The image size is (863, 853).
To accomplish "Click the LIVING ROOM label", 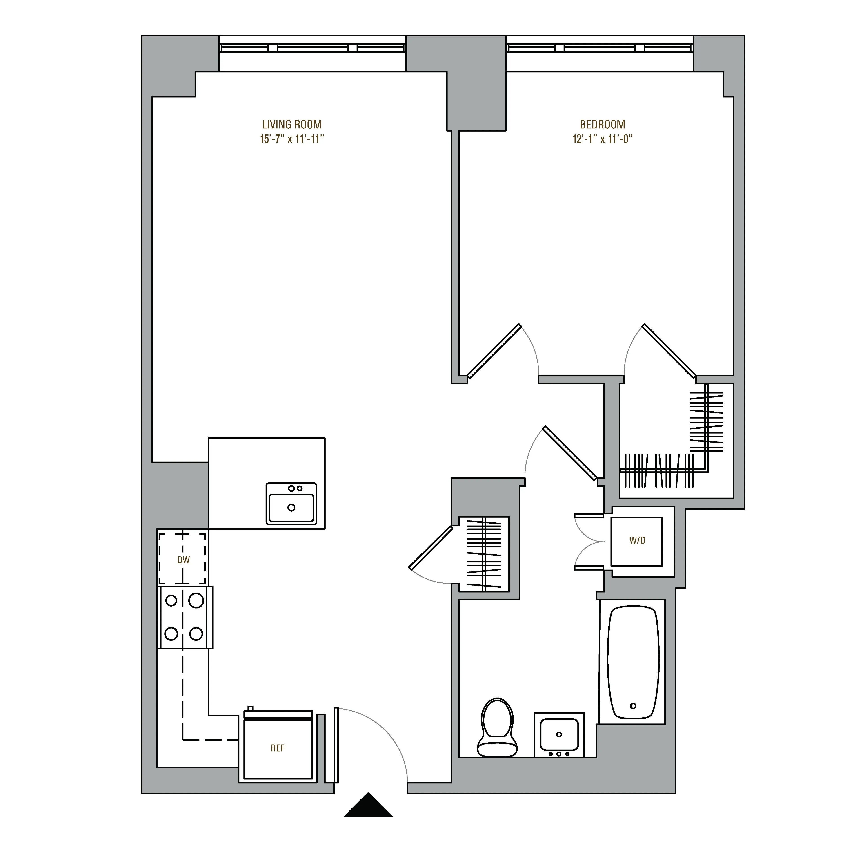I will tap(292, 124).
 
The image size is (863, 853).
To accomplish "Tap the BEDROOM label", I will tap(602, 124).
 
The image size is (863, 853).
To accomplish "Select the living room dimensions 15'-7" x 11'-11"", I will tap(292, 139).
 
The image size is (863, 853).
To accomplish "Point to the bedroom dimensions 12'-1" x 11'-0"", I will tap(602, 139).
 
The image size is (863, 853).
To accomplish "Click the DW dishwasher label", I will tap(183, 560).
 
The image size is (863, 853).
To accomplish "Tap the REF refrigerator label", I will tap(277, 748).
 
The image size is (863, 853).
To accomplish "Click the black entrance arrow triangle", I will tap(368, 806).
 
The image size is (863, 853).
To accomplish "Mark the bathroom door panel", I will tap(570, 453).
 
